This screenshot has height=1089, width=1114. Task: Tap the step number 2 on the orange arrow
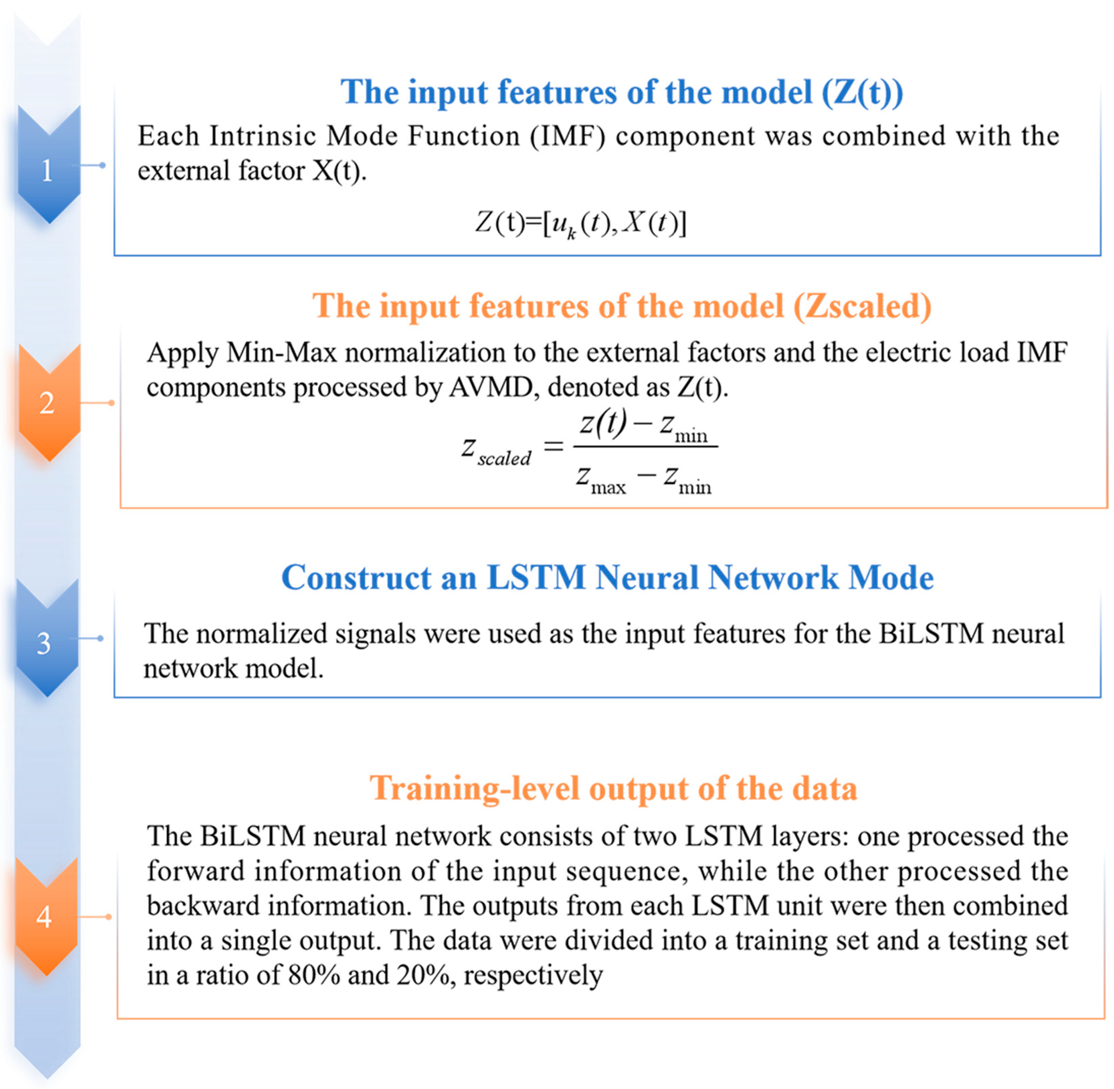[x=47, y=403]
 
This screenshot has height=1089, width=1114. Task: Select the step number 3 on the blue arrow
[x=44, y=643]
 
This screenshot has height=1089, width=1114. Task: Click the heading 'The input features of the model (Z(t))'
[x=622, y=92]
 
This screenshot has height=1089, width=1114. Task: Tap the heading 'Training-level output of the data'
[x=613, y=788]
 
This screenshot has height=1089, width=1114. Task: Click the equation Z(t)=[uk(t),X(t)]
[x=580, y=223]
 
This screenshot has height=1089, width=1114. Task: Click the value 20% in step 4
[x=422, y=975]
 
